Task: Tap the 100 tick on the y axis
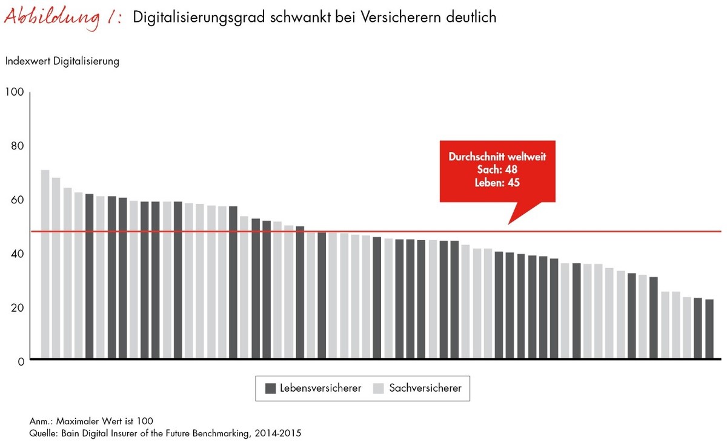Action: [x=14, y=92]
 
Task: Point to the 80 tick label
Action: [x=16, y=146]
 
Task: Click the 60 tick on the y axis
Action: [x=16, y=200]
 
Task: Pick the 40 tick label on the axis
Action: [x=16, y=254]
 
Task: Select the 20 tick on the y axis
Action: [x=16, y=307]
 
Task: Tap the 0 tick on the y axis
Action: [x=19, y=361]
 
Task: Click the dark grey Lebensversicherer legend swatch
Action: [x=271, y=388]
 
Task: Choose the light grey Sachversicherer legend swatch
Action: [x=380, y=388]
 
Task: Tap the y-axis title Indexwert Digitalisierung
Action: [x=62, y=61]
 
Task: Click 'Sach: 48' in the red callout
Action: [x=497, y=169]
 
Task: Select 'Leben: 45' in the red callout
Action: [x=497, y=182]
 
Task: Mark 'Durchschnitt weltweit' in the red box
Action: [x=497, y=157]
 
